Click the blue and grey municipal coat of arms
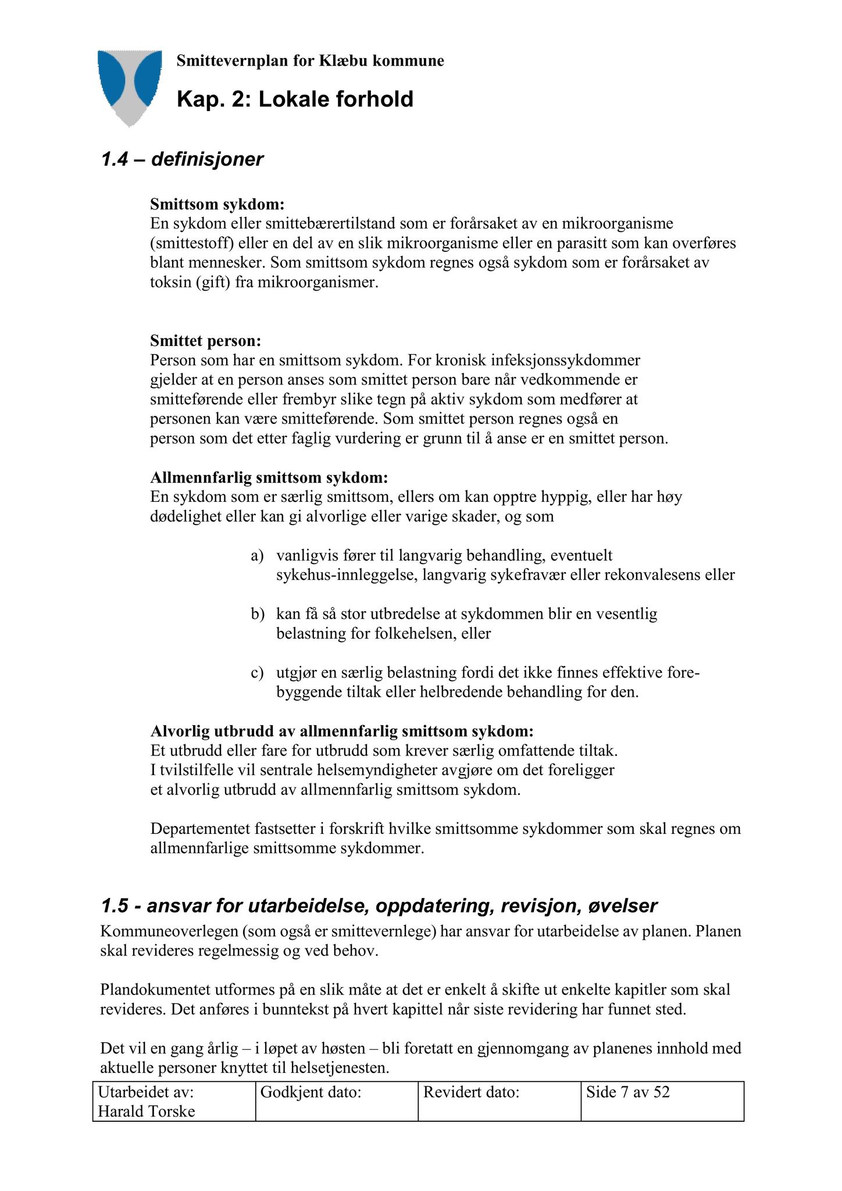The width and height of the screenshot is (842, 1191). point(130,86)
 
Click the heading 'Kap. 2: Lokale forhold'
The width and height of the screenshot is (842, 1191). point(295,99)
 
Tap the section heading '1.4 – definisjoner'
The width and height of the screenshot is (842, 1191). point(182,159)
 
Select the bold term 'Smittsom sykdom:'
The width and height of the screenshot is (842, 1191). point(217,204)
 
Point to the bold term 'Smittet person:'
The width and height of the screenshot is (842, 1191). point(206,340)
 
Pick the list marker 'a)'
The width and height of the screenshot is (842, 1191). point(257,555)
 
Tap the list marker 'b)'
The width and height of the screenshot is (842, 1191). point(257,614)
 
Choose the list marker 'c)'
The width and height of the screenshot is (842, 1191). point(257,672)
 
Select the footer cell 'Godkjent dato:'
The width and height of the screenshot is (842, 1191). point(311,1092)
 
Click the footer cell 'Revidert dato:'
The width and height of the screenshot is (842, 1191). point(471,1092)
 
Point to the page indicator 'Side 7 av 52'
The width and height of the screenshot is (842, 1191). point(628,1092)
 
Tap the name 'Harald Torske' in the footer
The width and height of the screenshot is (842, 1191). point(147,1111)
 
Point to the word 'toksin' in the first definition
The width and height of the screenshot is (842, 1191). point(170,283)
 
